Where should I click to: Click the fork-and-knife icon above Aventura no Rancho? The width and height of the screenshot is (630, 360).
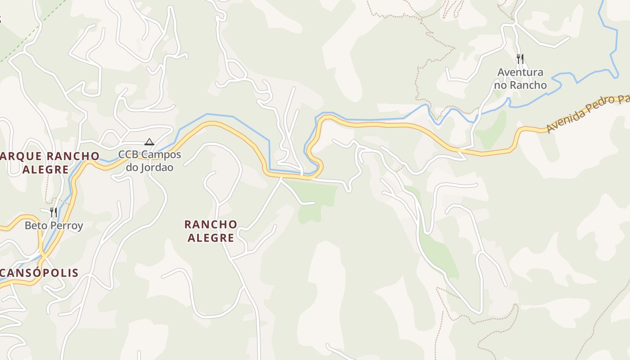pos(520,58)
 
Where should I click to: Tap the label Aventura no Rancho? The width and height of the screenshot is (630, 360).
pos(520,78)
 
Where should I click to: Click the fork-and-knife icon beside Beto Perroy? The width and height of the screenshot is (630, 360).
pos(54,212)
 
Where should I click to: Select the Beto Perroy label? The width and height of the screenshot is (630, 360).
pos(54,225)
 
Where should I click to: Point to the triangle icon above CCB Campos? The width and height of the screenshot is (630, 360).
pos(149,142)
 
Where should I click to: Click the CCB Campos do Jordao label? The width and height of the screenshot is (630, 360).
pos(150,161)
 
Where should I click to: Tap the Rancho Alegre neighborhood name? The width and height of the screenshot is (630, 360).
pos(211,231)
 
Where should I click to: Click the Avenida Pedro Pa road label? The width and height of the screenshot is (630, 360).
pos(587,114)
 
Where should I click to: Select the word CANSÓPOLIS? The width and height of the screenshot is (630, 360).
pos(40,273)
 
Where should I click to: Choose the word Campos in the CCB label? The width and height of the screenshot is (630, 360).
pos(162,155)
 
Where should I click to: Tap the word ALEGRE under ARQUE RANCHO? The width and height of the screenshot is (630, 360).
pos(45,170)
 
